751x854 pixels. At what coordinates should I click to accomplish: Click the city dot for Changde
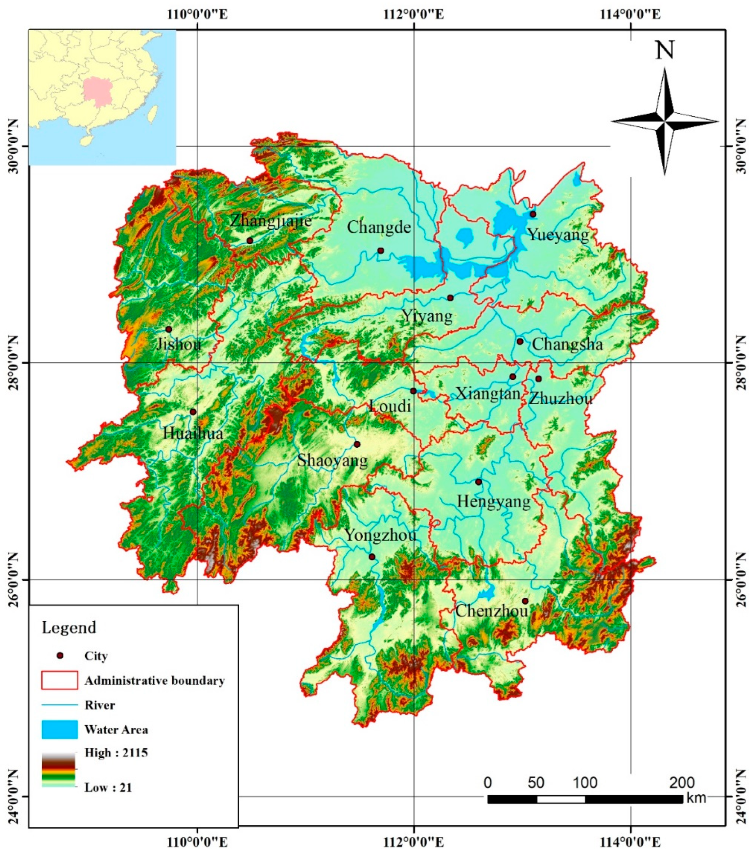380,251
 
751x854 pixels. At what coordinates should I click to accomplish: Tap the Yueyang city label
558,234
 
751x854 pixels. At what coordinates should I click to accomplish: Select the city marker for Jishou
169,329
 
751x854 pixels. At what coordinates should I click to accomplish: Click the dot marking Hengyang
478,482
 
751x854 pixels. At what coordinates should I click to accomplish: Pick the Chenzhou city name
492,611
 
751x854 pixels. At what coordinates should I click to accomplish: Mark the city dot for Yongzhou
372,556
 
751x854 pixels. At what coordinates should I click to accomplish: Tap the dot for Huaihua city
193,411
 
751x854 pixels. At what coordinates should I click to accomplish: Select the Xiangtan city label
488,393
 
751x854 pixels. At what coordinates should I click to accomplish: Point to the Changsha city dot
520,341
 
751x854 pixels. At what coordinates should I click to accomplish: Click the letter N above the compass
665,50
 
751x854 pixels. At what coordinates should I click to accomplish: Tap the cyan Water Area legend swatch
60,730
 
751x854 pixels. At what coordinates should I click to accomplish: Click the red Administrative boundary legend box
60,680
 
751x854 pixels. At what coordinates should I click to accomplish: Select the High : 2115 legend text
116,753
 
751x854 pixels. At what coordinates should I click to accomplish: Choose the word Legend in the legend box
69,627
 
